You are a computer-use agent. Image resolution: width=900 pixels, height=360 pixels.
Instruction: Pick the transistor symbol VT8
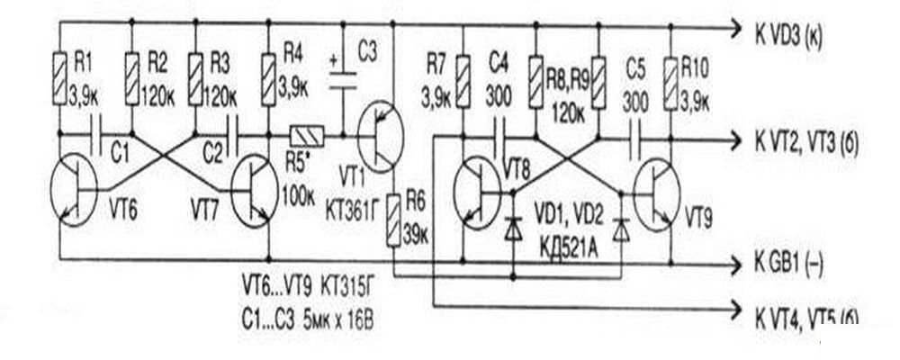pyautogui.click(x=477, y=192)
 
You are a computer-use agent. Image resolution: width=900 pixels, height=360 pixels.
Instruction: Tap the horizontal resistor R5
pyautogui.click(x=305, y=136)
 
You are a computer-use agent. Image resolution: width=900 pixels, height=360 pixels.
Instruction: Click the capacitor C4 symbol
pyautogui.click(x=499, y=137)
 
